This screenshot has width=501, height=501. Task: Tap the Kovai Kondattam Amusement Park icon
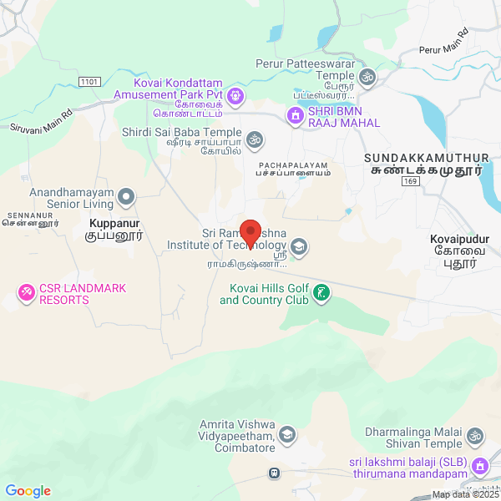(236, 95)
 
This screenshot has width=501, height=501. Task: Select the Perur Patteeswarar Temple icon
(367, 78)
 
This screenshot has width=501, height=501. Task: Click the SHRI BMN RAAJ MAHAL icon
(294, 115)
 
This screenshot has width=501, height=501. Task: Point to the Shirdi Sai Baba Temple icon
(255, 137)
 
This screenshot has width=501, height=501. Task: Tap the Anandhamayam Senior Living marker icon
(126, 197)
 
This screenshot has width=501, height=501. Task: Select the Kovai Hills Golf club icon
(321, 293)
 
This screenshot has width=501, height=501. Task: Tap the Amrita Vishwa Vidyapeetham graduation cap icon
(287, 434)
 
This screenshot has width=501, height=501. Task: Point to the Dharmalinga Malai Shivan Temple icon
(475, 436)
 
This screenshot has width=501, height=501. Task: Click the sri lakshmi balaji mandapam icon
(478, 465)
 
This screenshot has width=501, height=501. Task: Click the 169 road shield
(409, 180)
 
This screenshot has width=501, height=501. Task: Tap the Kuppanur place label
(115, 224)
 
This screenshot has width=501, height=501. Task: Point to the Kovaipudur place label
(459, 240)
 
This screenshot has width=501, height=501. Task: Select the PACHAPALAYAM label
(294, 164)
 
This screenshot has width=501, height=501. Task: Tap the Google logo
(28, 491)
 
